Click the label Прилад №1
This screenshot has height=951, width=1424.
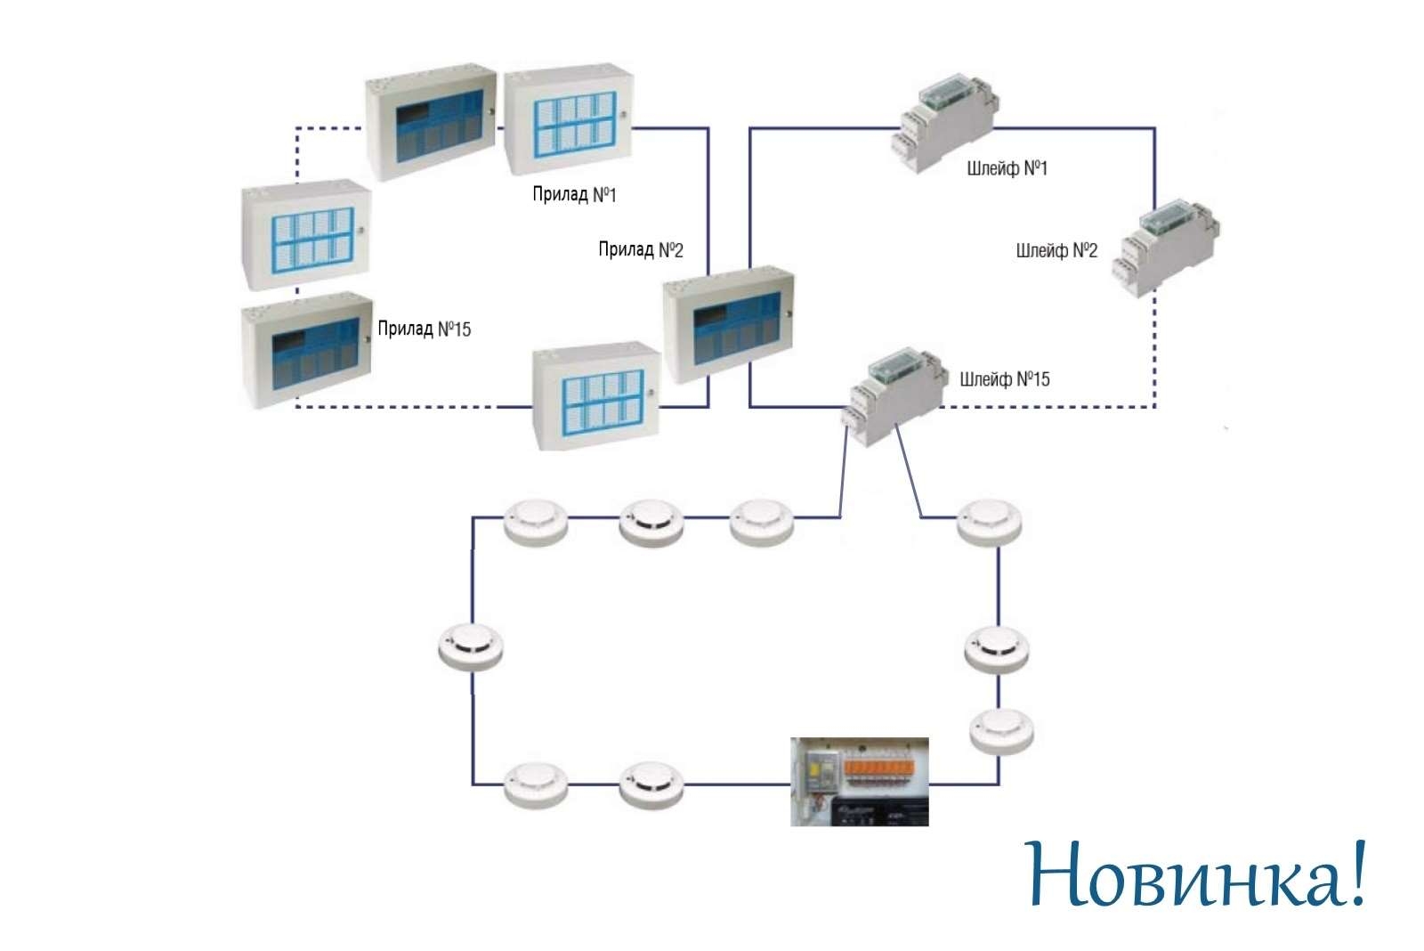(574, 194)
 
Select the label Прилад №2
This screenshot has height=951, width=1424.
(641, 249)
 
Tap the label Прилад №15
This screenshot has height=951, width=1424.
(424, 329)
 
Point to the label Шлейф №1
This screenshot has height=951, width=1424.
(1007, 168)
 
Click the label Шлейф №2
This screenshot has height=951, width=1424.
(1056, 250)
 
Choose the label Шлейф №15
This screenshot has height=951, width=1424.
(1005, 379)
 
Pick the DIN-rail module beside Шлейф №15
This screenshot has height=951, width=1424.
(894, 395)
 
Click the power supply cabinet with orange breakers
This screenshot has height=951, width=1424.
(860, 782)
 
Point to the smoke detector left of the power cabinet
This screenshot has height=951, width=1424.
(651, 785)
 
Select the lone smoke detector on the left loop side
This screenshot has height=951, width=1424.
(471, 647)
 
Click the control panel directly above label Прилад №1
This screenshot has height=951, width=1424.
(569, 119)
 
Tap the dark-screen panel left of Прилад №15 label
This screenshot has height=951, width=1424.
(306, 351)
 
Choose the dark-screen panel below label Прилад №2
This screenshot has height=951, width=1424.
(729, 324)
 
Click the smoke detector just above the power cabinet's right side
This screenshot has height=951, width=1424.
(1001, 732)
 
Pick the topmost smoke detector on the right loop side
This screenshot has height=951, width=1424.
(989, 523)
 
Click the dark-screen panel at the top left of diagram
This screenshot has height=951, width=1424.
(431, 122)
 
